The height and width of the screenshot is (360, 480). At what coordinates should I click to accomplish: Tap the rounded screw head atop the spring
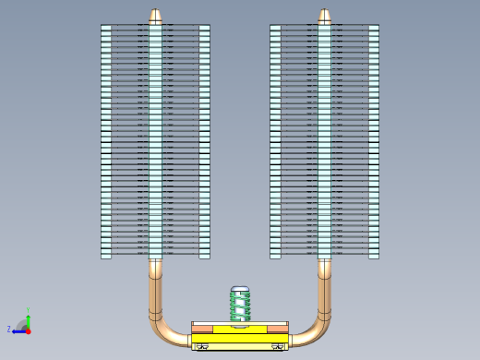pos(240,290)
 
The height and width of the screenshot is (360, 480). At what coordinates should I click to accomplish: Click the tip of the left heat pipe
pos(155,16)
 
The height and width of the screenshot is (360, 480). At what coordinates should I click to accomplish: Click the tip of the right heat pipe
pos(324,16)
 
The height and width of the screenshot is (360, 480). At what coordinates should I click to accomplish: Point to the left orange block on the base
pos(202,329)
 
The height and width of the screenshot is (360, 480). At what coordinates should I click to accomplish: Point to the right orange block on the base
pos(277,329)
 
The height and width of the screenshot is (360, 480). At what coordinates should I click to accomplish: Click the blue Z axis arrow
pos(18,330)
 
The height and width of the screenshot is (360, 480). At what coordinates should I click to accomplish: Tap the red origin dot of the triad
pos(28,330)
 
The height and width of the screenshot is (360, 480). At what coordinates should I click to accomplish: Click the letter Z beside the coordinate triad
pos(9,329)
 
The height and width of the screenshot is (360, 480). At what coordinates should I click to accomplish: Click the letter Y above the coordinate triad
pos(28,309)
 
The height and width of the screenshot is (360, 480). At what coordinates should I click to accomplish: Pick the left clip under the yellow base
pos(202,346)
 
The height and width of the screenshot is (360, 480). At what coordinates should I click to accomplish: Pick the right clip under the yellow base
pos(277,346)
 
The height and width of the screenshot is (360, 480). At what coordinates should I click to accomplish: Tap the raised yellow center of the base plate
pos(240,330)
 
